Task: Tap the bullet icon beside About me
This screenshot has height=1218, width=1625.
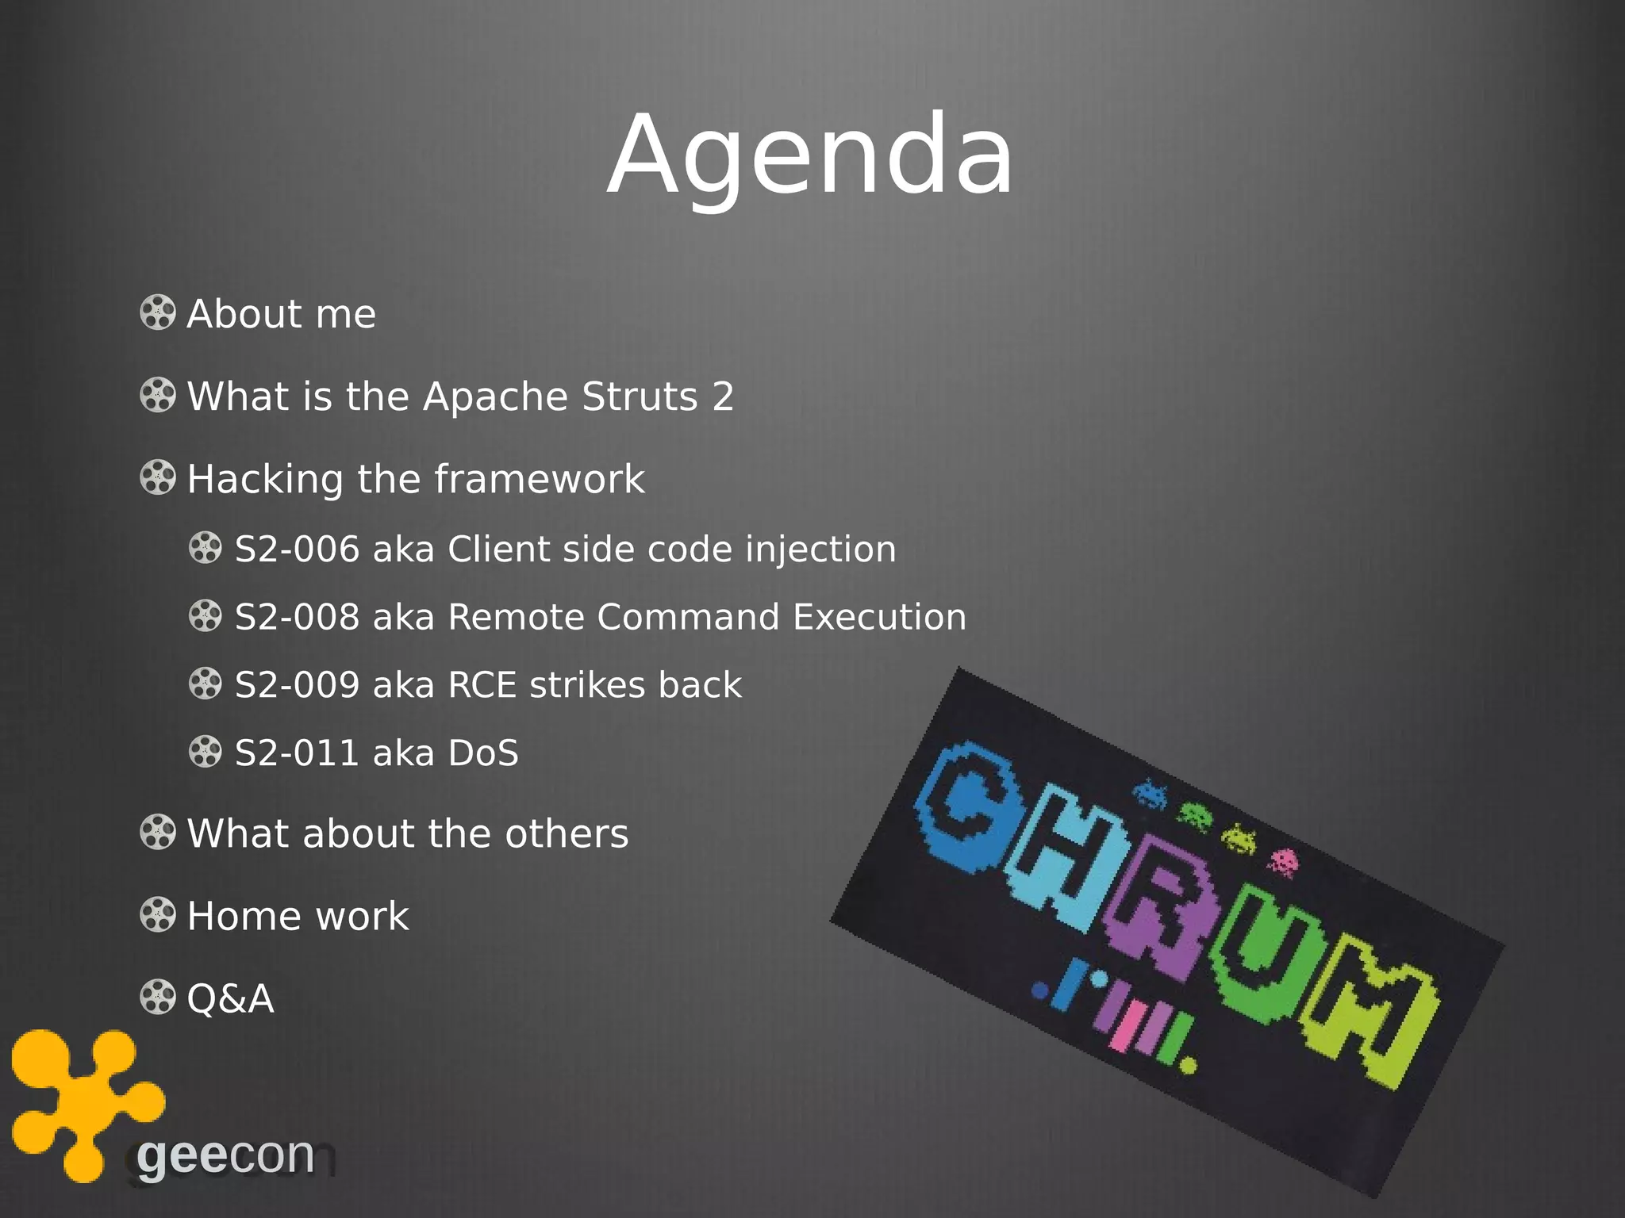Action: pyautogui.click(x=157, y=312)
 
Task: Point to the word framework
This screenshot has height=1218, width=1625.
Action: pyautogui.click(x=540, y=479)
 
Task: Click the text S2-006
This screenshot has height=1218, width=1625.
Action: pyautogui.click(x=297, y=549)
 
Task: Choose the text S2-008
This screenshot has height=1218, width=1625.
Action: pyautogui.click(x=297, y=617)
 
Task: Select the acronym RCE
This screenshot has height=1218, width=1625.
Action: pyautogui.click(x=482, y=685)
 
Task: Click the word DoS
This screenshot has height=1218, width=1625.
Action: pyautogui.click(x=483, y=753)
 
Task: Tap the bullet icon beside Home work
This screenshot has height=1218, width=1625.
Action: pyautogui.click(x=157, y=915)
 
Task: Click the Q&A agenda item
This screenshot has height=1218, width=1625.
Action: pyautogui.click(x=230, y=998)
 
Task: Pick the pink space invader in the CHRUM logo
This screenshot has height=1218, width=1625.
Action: pyautogui.click(x=1282, y=862)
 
